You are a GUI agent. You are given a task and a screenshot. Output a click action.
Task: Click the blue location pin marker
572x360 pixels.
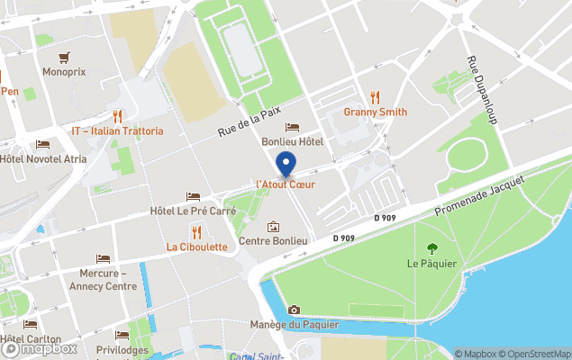[x=286, y=166]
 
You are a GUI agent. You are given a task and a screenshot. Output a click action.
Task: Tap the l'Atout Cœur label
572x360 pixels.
[x=286, y=184]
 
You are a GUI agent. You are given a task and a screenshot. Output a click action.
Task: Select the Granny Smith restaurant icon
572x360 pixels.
[x=375, y=97]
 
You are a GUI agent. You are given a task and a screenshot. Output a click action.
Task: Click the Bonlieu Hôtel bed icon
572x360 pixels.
[x=292, y=128]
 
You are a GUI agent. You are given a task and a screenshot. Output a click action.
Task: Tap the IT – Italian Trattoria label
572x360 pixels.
[x=117, y=131]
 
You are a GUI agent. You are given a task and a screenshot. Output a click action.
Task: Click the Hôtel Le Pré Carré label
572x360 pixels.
[x=193, y=211]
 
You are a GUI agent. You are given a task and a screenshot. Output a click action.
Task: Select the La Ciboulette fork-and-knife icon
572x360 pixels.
[x=196, y=233]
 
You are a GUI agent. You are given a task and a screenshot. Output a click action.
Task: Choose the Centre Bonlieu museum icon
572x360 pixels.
[x=273, y=227]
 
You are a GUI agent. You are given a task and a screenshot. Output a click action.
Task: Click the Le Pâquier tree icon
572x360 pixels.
[x=431, y=248]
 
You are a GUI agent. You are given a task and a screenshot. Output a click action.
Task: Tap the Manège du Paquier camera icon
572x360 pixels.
[x=294, y=310]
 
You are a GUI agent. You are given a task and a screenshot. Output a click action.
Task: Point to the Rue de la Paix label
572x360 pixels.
[x=250, y=121]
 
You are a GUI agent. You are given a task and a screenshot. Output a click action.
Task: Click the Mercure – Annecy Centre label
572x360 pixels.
[x=103, y=280]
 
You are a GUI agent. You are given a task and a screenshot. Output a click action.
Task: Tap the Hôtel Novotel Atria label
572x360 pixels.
[x=43, y=159]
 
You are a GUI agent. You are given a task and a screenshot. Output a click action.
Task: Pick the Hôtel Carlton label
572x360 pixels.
[x=31, y=339]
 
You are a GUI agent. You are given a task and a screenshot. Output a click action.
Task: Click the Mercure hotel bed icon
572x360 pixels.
[x=103, y=259]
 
